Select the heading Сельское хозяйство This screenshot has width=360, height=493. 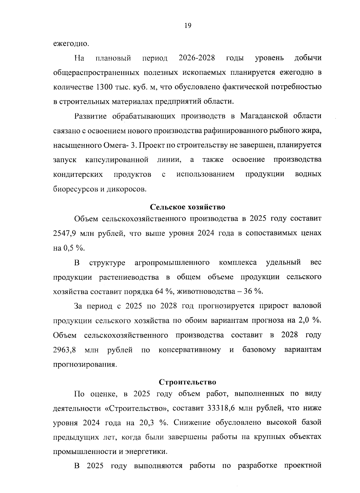tap(187, 207)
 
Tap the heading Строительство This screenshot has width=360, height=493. tap(187, 382)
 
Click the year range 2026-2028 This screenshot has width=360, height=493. tap(196, 58)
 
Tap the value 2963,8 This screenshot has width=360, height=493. tap(64, 350)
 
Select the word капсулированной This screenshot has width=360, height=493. tap(117, 160)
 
